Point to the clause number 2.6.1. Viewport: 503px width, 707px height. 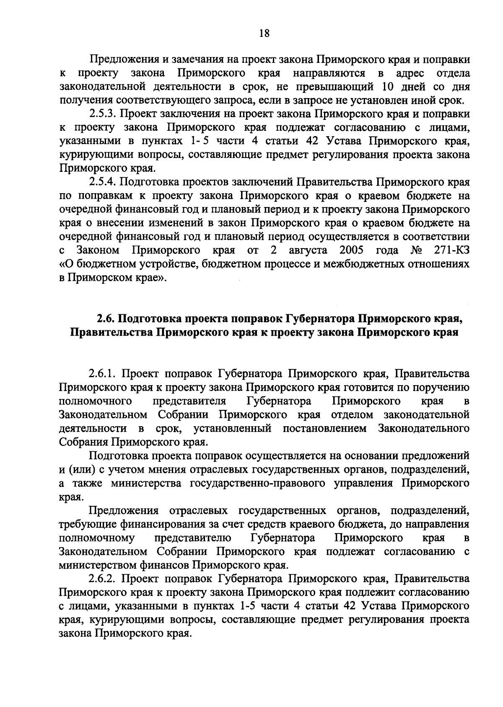pyautogui.click(x=104, y=373)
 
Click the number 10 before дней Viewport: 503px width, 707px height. pyautogui.click(x=389, y=87)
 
